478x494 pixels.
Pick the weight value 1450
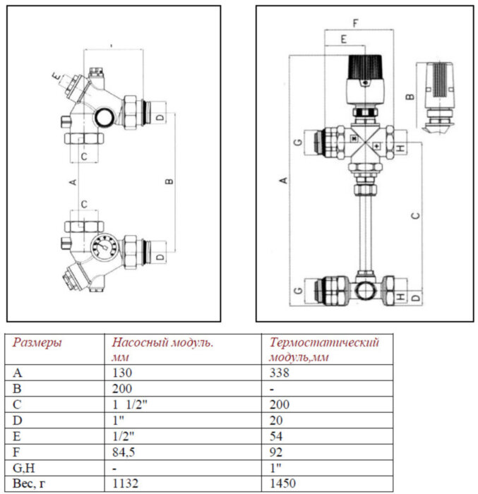[x=282, y=483]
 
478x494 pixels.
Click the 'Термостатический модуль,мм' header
[x=324, y=349]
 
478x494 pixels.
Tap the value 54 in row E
[x=276, y=435]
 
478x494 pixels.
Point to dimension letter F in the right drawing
[x=355, y=23]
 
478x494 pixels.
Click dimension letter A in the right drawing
[x=283, y=181]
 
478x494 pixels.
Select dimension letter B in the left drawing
[x=169, y=181]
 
